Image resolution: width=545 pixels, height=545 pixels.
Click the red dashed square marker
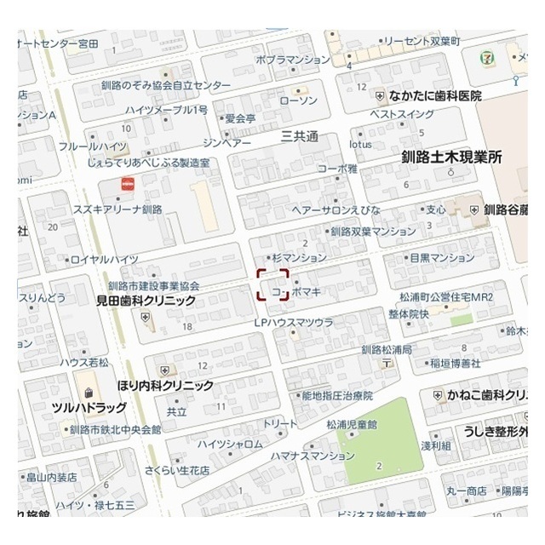pos(273,285)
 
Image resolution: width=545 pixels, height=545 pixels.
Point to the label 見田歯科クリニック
pos(146,301)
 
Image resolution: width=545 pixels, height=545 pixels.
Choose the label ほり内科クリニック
pos(165,386)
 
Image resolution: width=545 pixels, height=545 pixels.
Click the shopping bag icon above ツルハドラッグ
pos(88,393)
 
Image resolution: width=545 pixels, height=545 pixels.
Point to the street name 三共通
pos(300,136)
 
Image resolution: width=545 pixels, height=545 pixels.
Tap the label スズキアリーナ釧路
pos(118,209)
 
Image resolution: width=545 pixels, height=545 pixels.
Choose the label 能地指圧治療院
pos(337,395)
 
